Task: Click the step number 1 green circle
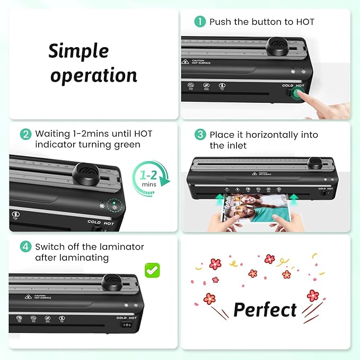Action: pos(200,22)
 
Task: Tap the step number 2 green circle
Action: pos(25,134)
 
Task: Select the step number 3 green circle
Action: pos(200,135)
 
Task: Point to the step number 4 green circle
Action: pos(25,247)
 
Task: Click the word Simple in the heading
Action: pos(78,51)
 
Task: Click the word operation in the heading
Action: pos(94,75)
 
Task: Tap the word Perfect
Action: pos(265,310)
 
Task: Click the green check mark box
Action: pos(153,270)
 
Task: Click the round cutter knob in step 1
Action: pos(276,45)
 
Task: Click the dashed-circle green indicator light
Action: pos(113,204)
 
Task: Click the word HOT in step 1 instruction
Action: pos(305,22)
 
